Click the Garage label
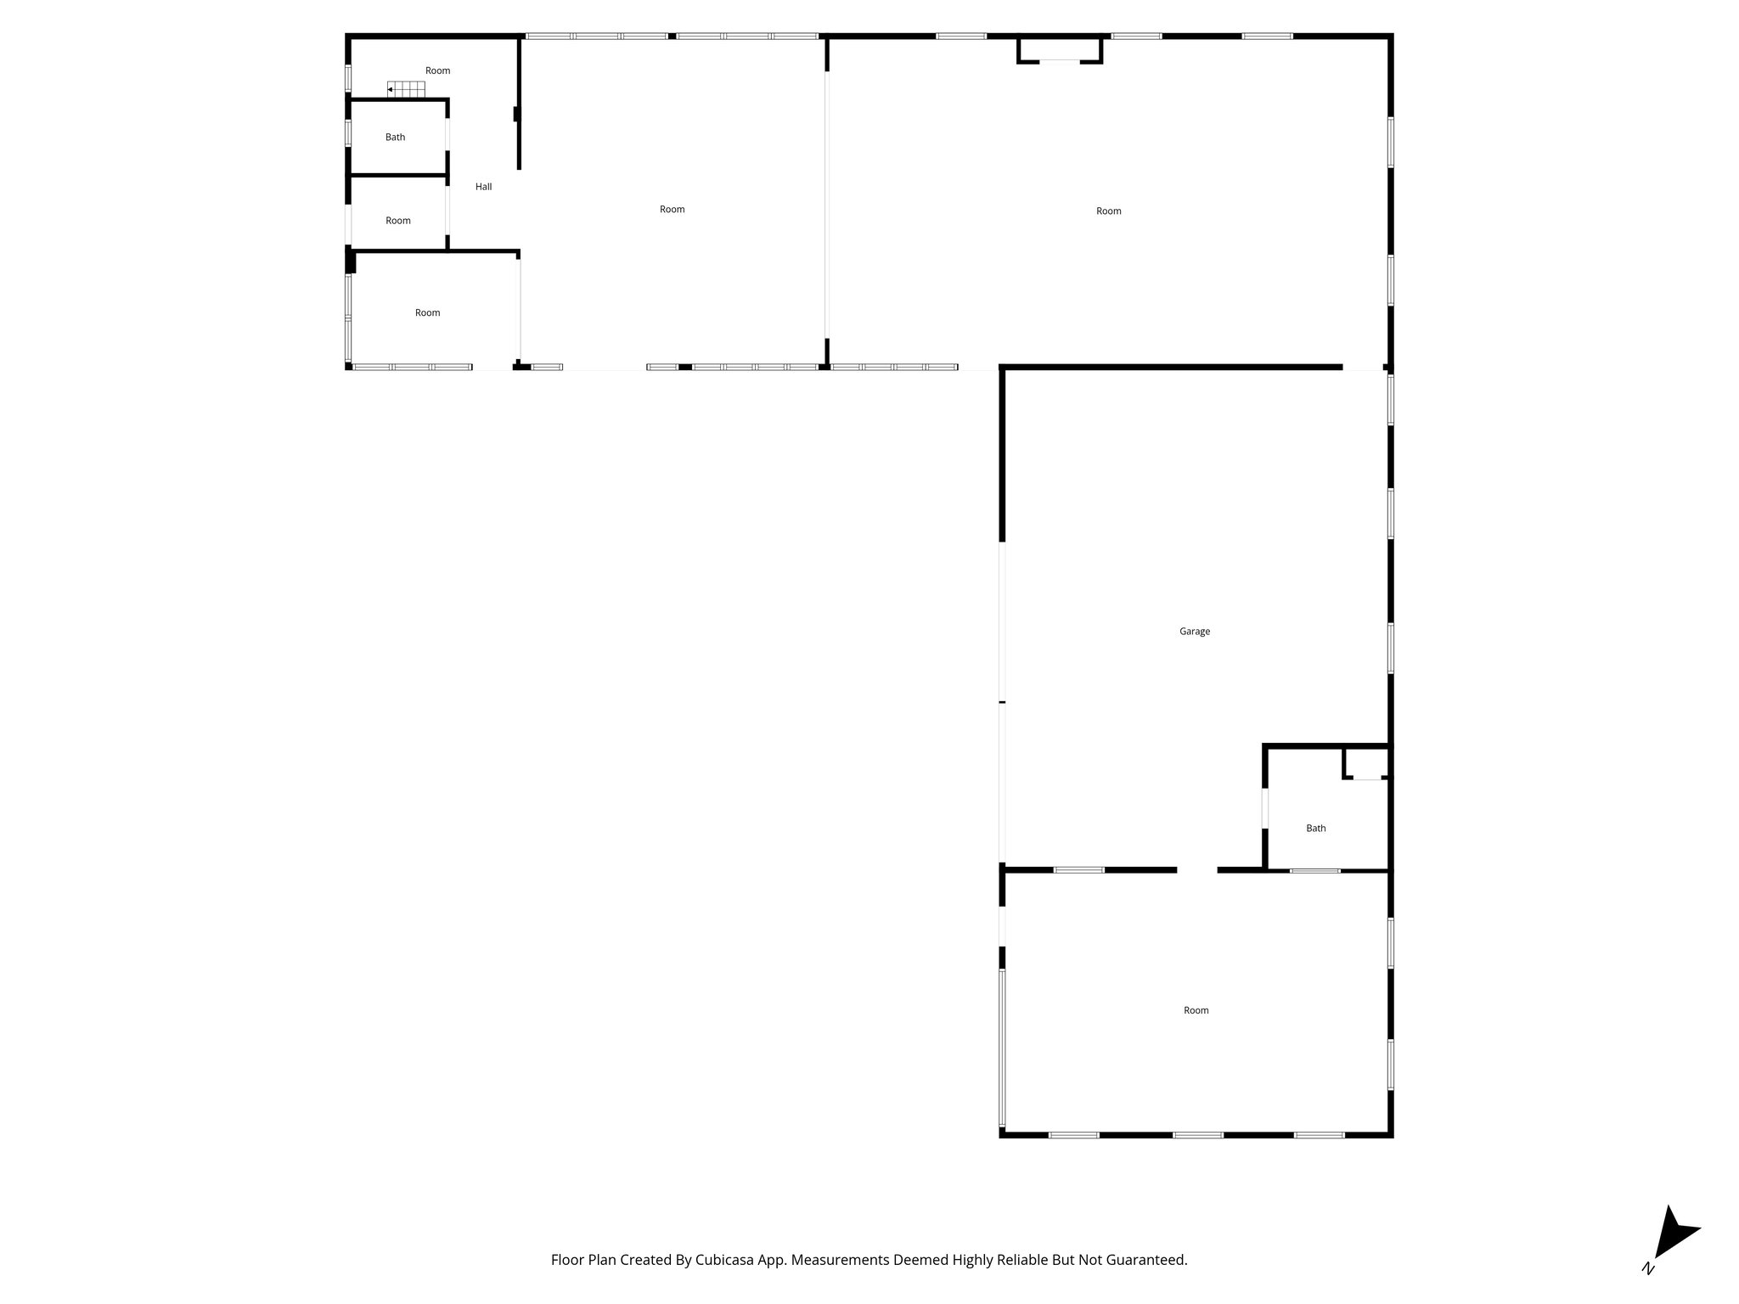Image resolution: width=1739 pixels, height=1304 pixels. [1194, 631]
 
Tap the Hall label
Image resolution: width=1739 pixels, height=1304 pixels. [483, 187]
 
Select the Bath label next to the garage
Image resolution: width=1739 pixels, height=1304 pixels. [1315, 828]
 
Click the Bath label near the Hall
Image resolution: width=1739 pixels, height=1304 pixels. [395, 137]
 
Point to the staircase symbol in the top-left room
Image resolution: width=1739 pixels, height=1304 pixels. [407, 89]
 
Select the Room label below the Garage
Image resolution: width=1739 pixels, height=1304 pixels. [1196, 1010]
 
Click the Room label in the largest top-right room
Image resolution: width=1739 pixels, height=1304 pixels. [1108, 211]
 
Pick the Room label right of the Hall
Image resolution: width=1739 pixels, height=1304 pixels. [672, 209]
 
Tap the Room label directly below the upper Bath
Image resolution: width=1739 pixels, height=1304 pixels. [397, 221]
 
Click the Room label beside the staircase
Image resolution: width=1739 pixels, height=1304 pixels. [437, 70]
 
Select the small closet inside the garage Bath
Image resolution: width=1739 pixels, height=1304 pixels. [1366, 763]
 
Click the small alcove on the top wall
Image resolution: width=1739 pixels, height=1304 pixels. [1060, 48]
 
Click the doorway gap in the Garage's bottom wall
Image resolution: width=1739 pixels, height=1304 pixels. [1196, 870]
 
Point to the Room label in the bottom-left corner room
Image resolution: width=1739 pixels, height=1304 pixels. [427, 312]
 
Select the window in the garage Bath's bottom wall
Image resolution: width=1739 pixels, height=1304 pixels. [1314, 871]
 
